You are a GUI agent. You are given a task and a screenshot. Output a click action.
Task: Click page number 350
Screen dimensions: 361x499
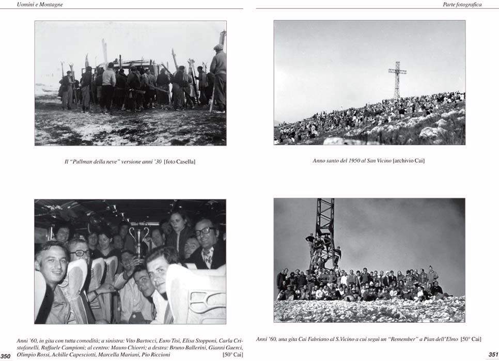point(6,356)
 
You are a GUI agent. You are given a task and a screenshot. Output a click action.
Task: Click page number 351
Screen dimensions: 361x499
point(493,354)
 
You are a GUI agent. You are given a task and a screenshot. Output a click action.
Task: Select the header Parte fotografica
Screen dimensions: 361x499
point(462,5)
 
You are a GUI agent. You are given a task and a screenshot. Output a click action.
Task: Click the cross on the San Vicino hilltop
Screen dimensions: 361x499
point(397,77)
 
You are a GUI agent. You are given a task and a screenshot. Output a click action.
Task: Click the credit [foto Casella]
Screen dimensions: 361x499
point(179,162)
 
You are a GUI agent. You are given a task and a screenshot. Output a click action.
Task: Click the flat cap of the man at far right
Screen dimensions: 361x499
point(219,47)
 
